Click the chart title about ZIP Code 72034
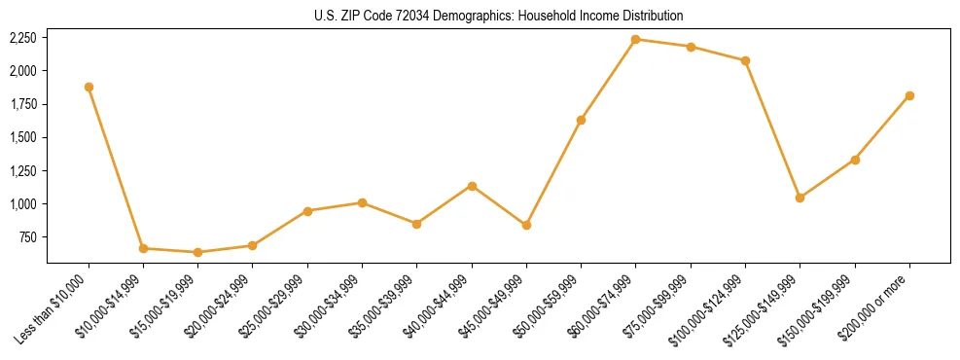[x=498, y=16]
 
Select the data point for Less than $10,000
[x=89, y=87]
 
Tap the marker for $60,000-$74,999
[x=635, y=40]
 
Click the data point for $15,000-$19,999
[x=197, y=252]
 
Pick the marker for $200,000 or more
[x=909, y=95]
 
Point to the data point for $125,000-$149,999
[x=800, y=198]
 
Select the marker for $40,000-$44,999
[x=472, y=186]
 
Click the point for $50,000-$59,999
[x=581, y=120]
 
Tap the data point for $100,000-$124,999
[x=745, y=60]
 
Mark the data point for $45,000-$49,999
[x=526, y=225]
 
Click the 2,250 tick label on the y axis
[x=22, y=38]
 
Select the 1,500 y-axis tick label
[x=22, y=137]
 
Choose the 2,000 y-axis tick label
[x=22, y=71]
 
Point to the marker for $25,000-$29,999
[x=307, y=211]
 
